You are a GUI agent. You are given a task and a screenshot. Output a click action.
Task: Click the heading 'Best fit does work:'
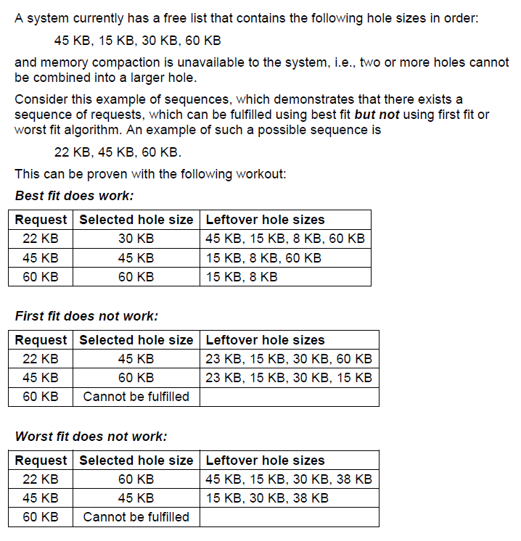(x=74, y=196)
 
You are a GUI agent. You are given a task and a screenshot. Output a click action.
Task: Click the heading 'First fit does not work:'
(x=86, y=316)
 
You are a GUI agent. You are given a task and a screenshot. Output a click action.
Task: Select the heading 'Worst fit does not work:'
(x=91, y=437)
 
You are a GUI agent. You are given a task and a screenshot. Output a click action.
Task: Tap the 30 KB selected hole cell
(x=136, y=239)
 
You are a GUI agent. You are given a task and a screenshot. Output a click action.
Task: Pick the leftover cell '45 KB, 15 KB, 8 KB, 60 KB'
(x=285, y=239)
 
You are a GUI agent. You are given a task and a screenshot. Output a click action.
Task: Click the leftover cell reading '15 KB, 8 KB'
(x=242, y=276)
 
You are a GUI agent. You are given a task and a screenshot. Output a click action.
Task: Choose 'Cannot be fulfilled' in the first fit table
(x=136, y=397)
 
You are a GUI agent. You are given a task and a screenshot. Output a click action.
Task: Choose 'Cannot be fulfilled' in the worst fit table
(x=136, y=517)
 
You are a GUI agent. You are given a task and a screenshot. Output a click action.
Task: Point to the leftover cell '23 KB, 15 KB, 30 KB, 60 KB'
(x=289, y=359)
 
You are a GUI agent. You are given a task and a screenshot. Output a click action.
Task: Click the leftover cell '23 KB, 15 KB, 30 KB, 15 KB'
(x=289, y=378)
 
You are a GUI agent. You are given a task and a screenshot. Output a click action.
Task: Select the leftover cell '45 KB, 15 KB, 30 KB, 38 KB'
(x=289, y=479)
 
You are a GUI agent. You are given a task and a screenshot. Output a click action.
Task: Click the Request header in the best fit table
(x=41, y=220)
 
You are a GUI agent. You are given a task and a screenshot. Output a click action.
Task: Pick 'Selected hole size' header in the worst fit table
(x=136, y=461)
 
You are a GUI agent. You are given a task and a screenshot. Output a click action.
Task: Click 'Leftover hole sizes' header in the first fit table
(x=266, y=340)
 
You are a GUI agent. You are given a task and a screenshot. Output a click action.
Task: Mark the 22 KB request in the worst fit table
(x=41, y=479)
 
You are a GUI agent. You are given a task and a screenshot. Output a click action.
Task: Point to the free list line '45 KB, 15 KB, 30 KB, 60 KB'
(x=137, y=41)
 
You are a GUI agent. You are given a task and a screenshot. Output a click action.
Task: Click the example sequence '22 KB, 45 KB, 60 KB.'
(x=118, y=152)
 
